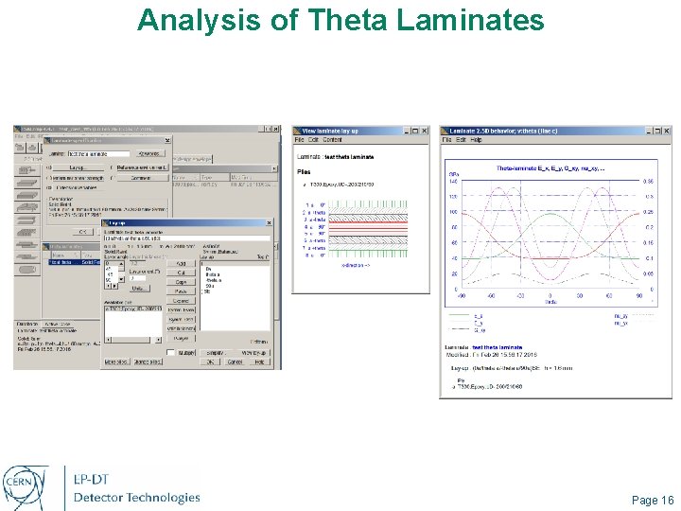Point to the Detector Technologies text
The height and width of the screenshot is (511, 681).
[x=137, y=498]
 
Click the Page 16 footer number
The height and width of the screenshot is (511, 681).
[x=652, y=500]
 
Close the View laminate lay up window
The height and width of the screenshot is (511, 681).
[x=425, y=130]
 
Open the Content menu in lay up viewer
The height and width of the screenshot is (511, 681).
[x=332, y=140]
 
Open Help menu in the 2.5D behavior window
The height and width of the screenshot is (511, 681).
[x=476, y=140]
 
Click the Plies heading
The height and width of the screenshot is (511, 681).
[x=304, y=172]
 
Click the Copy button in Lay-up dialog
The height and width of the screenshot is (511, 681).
[x=180, y=282]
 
